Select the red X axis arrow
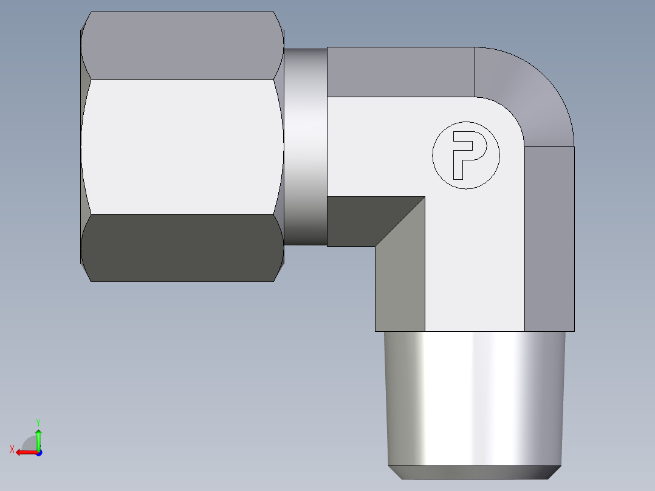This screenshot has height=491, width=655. [26, 452]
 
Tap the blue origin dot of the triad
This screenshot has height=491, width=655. [38, 453]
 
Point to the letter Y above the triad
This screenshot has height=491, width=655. [38, 422]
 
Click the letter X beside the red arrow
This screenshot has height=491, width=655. [12, 449]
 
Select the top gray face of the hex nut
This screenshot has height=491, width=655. [182, 46]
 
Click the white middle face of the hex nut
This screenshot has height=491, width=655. [182, 146]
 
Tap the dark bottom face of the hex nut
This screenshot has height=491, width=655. [182, 247]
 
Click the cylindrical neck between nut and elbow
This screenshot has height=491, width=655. [305, 146]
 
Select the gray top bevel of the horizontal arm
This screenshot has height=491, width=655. [401, 72]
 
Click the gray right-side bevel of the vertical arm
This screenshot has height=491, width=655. [549, 237]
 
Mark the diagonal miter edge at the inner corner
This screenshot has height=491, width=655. [400, 221]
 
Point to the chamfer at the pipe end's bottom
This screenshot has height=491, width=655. [474, 472]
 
